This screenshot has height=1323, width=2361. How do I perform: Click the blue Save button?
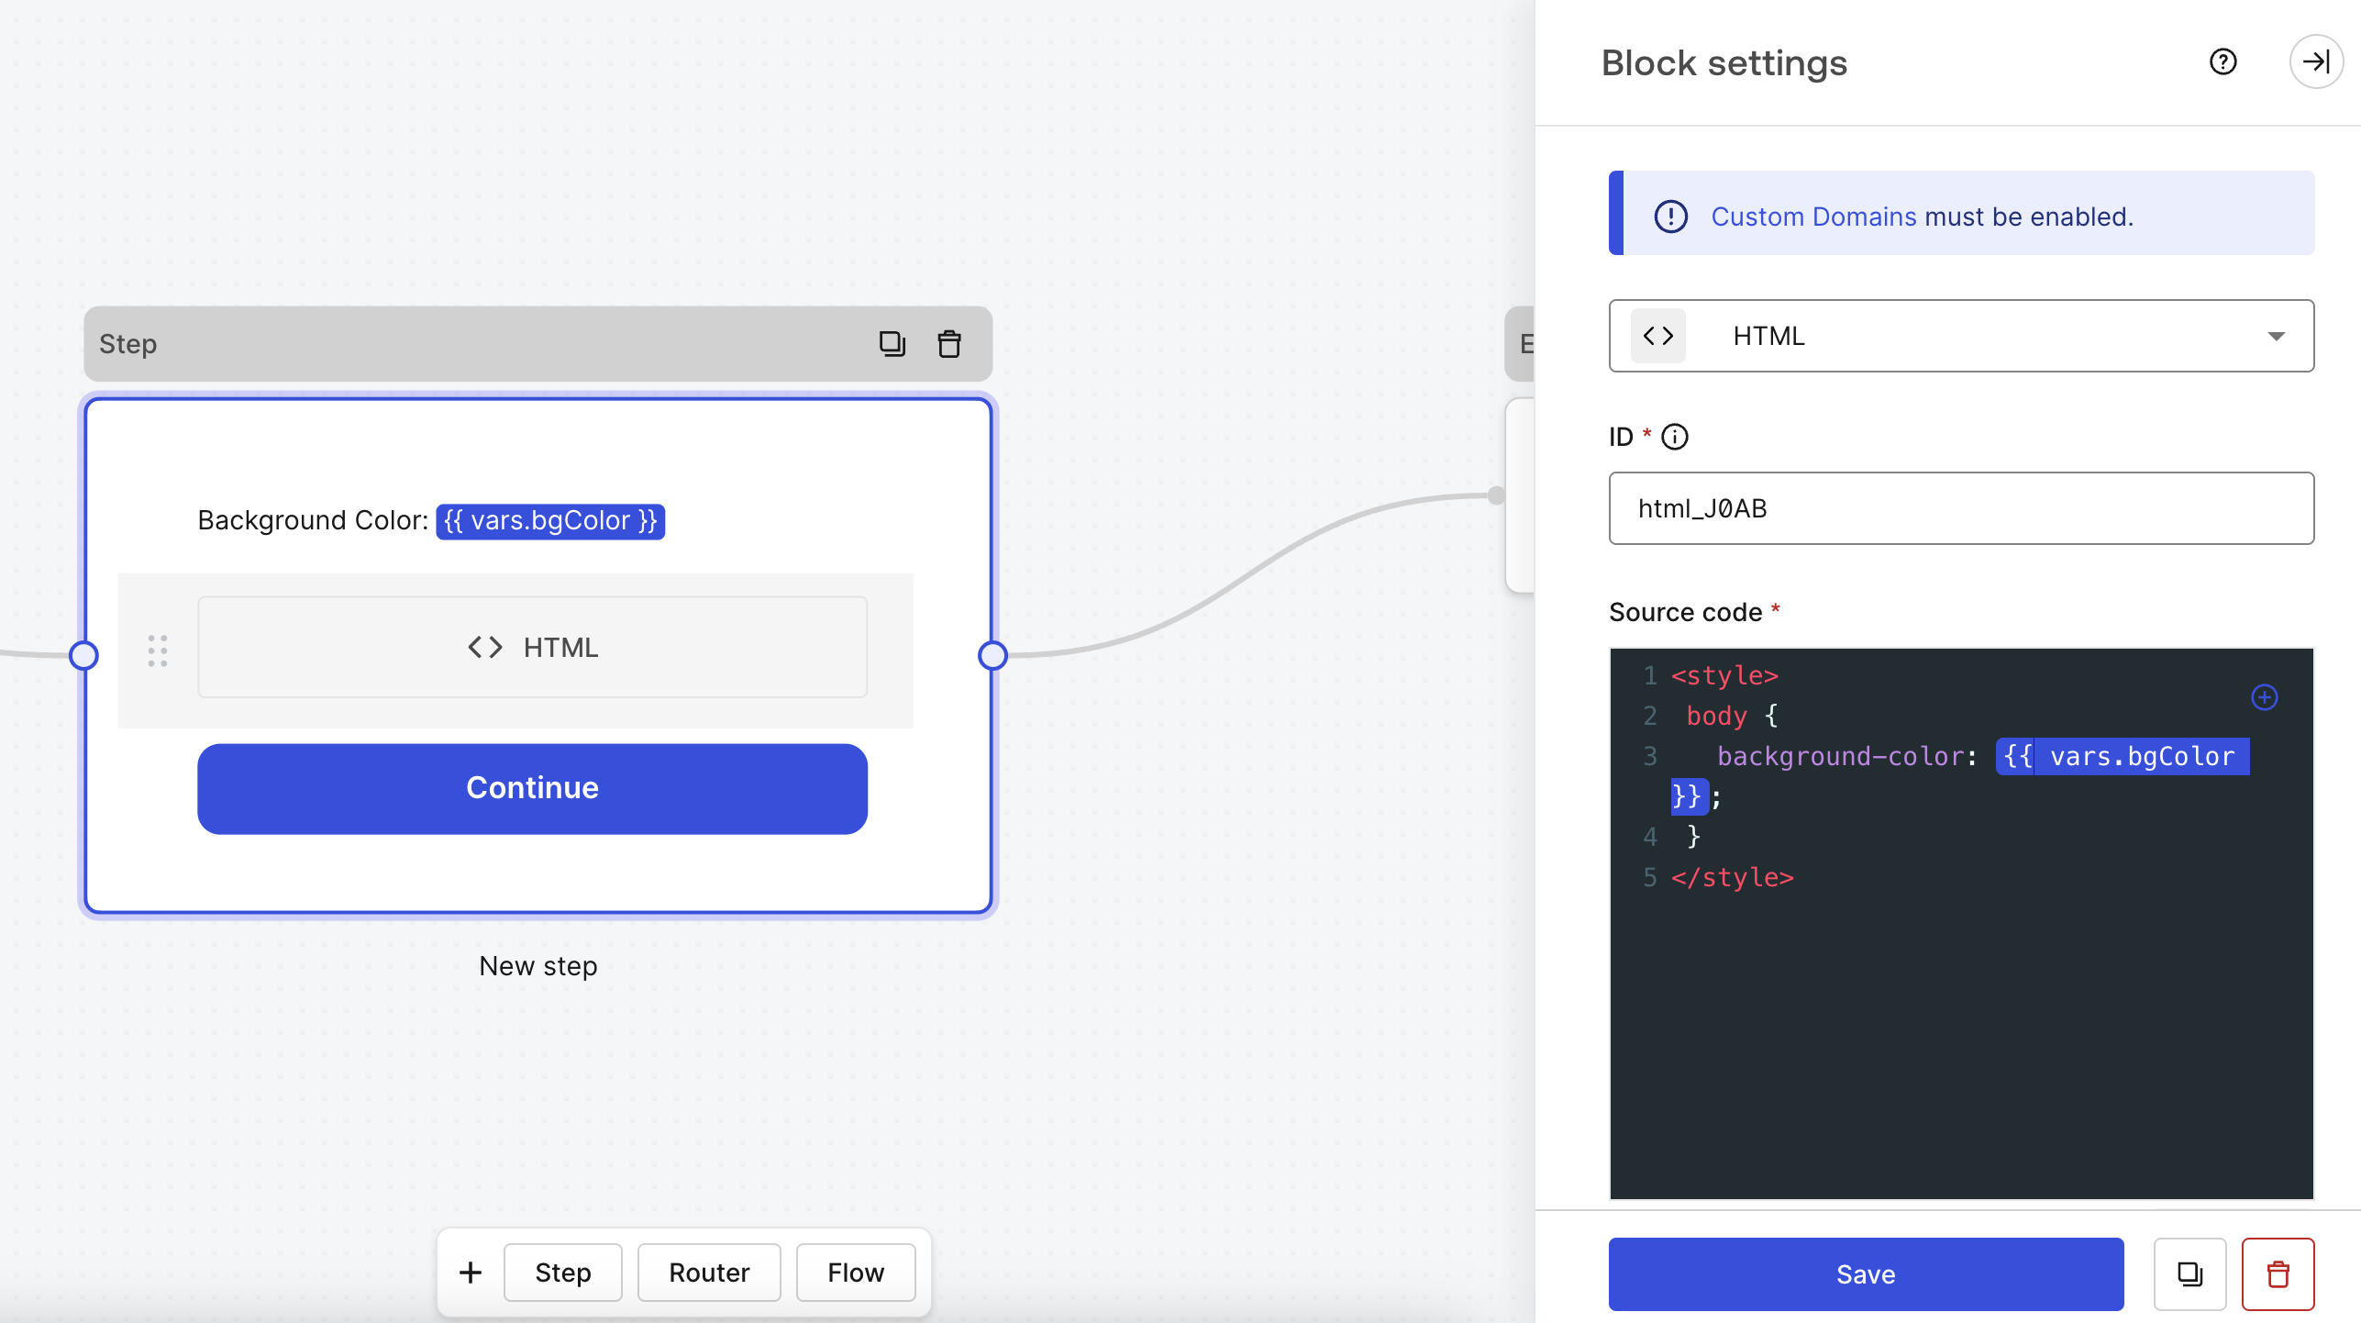tap(1865, 1273)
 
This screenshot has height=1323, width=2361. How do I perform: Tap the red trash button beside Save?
tap(2278, 1273)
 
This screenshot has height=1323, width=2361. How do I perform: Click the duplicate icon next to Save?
tap(2189, 1273)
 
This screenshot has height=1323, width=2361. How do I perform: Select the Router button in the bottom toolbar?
tap(709, 1273)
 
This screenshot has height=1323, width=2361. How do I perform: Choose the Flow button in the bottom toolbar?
tap(856, 1273)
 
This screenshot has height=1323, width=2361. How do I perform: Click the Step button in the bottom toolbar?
tap(563, 1273)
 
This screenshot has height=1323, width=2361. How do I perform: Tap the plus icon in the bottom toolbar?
tap(471, 1273)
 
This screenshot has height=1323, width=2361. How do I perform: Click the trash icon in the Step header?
tap(949, 344)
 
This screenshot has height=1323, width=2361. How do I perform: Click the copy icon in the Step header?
tap(892, 344)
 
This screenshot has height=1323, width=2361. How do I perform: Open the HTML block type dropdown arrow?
tap(2276, 336)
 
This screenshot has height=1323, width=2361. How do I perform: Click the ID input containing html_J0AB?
tap(1961, 508)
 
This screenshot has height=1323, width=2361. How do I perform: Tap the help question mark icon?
tap(2222, 61)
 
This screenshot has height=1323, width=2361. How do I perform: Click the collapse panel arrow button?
tap(2316, 61)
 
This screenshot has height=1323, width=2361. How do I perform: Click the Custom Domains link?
tap(1813, 217)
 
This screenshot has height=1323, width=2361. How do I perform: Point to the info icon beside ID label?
tap(1675, 437)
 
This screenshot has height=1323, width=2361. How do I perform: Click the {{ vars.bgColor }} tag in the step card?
tap(550, 521)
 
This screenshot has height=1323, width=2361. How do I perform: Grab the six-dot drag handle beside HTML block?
tap(158, 650)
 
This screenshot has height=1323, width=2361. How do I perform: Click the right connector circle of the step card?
tap(992, 655)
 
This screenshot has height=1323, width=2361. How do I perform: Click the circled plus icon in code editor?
tap(2264, 697)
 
